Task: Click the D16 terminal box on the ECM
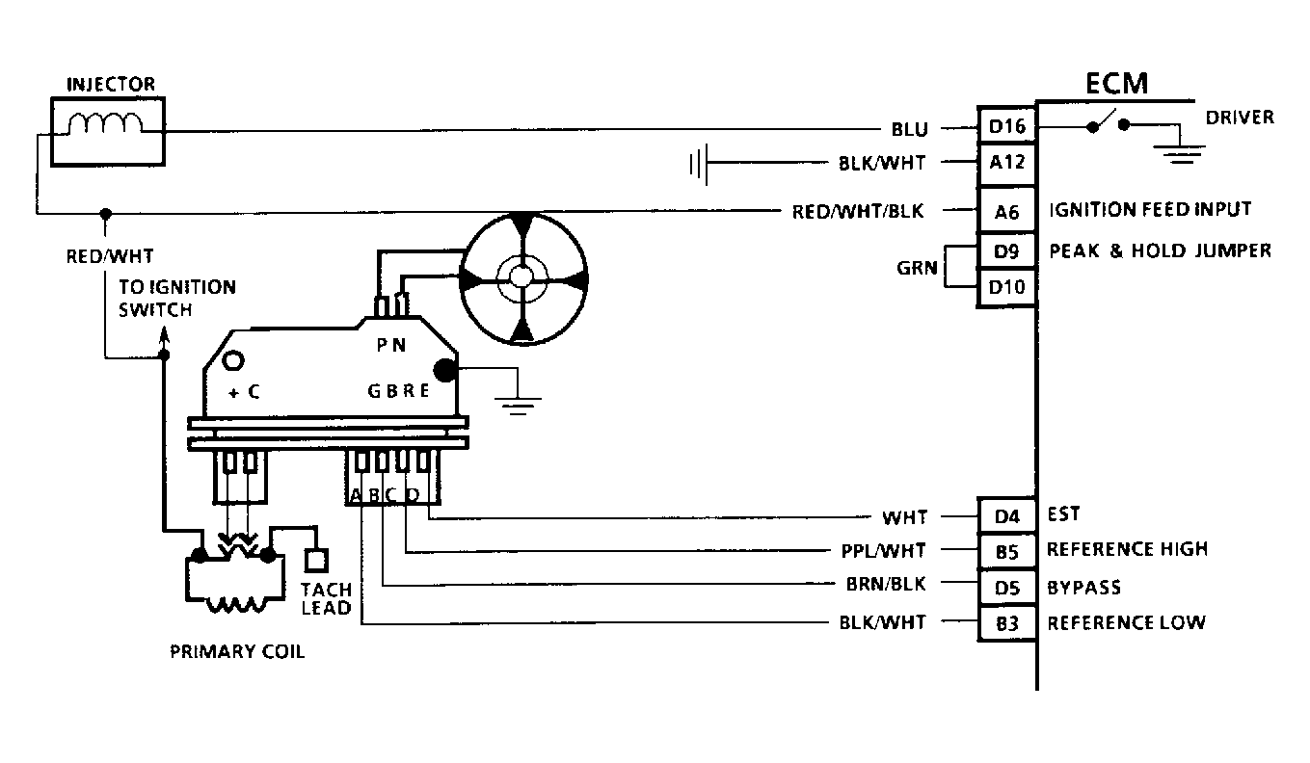(x=1007, y=126)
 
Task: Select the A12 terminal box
(x=1007, y=162)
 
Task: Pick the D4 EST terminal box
(x=1007, y=516)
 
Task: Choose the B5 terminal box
(x=1007, y=551)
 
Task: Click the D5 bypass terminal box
(x=1007, y=586)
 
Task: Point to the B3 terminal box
(x=1007, y=622)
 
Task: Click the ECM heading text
(x=1117, y=84)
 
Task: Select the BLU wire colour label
(x=909, y=128)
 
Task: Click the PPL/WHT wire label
(x=882, y=551)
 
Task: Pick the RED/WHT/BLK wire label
(x=858, y=212)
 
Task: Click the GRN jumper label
(x=917, y=269)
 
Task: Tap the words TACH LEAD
(x=325, y=598)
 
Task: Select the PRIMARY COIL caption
(x=237, y=651)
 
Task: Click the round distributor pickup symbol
(x=521, y=277)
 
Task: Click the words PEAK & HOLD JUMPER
(x=1160, y=251)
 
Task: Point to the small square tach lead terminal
(x=315, y=560)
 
